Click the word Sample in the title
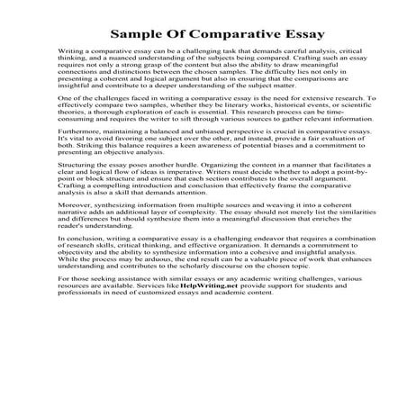point(136,35)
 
